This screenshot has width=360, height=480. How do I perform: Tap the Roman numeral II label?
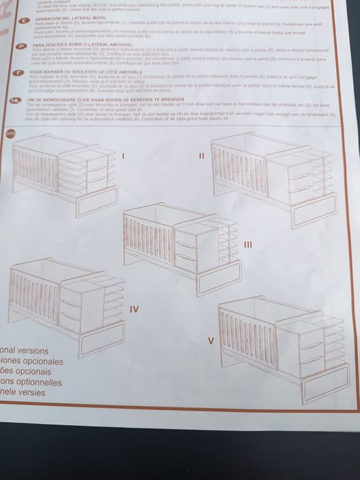coord(201,156)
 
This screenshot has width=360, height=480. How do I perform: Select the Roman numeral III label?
coord(249,243)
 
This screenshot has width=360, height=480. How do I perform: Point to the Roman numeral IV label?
coord(134,309)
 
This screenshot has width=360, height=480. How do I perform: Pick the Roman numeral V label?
coord(211,341)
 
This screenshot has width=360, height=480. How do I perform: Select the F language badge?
coord(20,72)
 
